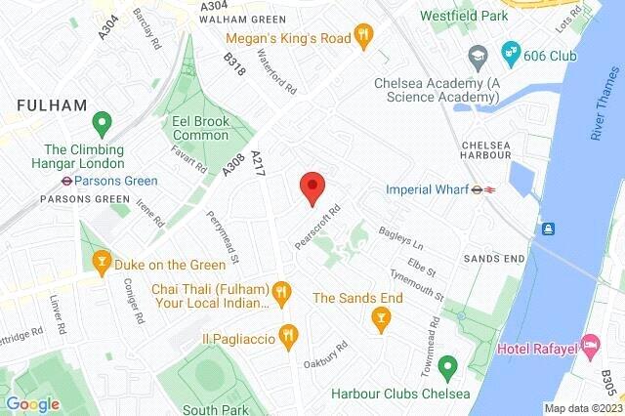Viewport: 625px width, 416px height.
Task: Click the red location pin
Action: point(312,186)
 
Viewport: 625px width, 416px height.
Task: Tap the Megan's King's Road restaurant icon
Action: point(364,37)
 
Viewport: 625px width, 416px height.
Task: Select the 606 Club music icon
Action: point(509,51)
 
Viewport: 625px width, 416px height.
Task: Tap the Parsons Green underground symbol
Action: point(62,180)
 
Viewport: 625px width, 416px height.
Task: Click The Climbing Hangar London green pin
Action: point(100,124)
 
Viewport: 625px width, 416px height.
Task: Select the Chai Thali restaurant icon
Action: point(281,290)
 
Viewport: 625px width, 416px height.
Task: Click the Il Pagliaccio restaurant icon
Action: point(287,336)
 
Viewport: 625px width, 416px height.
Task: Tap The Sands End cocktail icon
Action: point(382,316)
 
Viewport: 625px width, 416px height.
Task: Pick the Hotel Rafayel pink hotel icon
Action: point(590,345)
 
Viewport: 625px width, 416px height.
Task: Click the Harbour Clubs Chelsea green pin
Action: point(447,368)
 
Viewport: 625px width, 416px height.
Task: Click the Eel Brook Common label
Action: point(200,128)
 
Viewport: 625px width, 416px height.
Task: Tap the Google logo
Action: point(32,404)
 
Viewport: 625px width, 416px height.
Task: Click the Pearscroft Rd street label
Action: point(317,227)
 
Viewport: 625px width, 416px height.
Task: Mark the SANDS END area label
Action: point(493,259)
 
